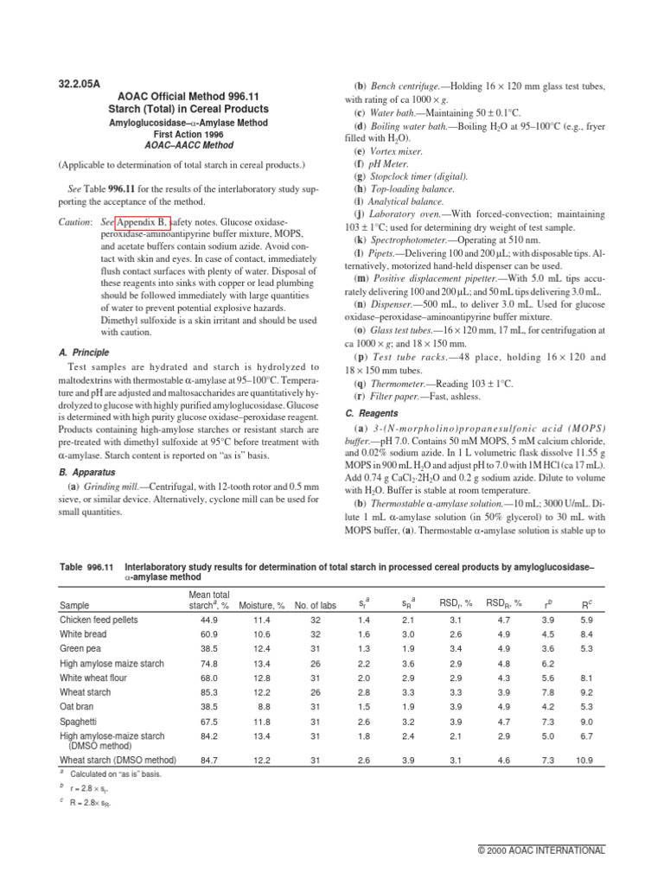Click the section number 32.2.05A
point(80,84)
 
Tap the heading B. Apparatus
point(86,472)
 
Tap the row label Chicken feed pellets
point(98,621)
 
